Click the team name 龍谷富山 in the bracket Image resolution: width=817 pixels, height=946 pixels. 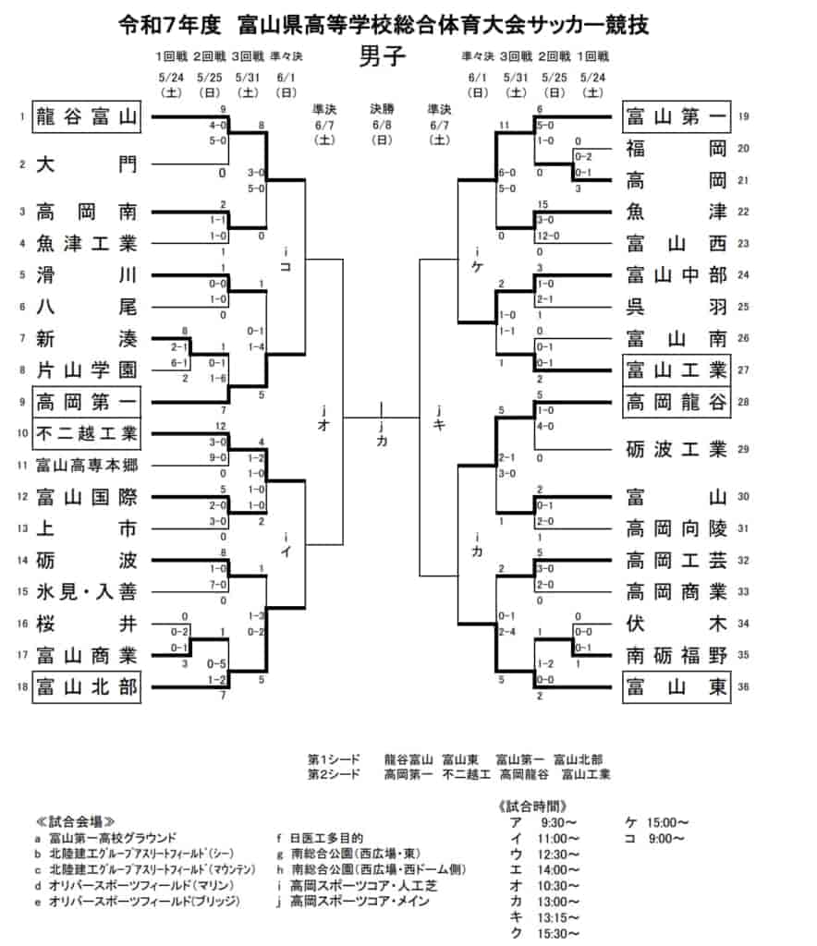click(x=86, y=116)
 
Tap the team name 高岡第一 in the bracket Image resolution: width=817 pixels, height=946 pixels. click(x=86, y=402)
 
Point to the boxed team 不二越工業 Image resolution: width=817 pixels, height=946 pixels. click(x=86, y=433)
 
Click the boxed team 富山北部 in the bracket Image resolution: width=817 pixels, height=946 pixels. click(x=86, y=687)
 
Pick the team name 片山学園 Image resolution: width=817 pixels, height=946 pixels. click(x=86, y=370)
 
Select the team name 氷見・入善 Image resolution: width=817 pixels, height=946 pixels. click(x=86, y=592)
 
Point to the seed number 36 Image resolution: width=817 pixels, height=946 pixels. click(x=744, y=687)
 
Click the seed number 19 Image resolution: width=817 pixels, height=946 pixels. click(x=744, y=116)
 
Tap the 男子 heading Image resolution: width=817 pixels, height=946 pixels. click(x=381, y=57)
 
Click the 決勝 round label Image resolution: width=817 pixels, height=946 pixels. click(x=382, y=108)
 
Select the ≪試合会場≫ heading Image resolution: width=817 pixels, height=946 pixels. click(x=76, y=821)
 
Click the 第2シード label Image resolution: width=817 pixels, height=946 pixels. click(x=334, y=774)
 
